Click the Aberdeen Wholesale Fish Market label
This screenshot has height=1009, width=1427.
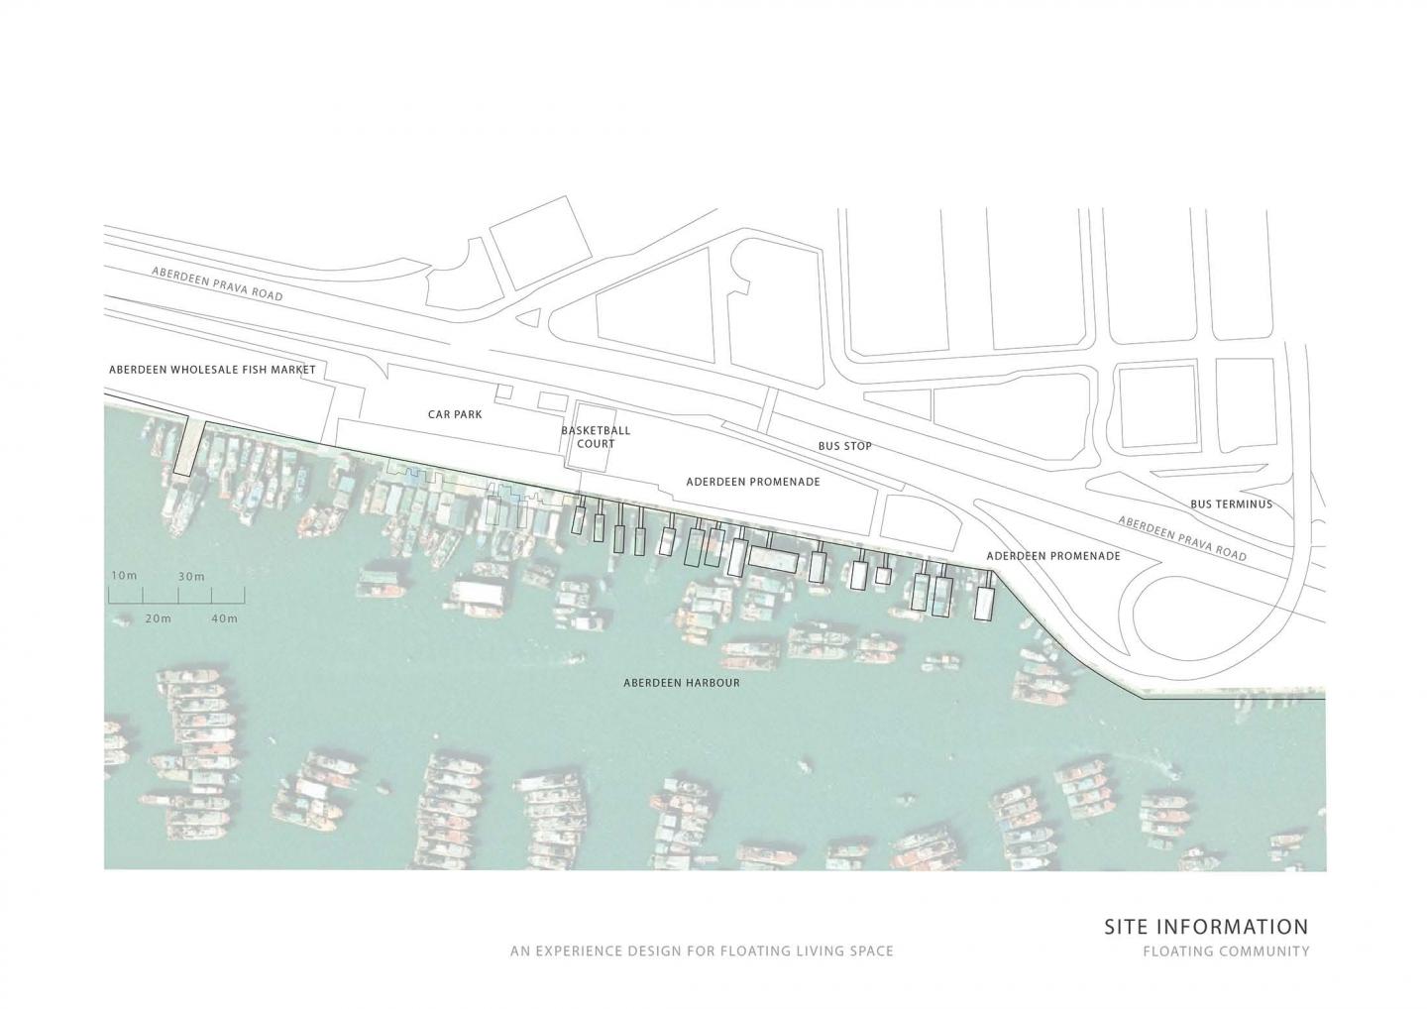coord(212,370)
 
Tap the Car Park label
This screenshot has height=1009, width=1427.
coord(455,414)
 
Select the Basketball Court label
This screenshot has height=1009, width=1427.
coord(596,437)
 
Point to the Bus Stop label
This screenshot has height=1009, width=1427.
coord(844,446)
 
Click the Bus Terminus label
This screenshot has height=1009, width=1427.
coord(1231,504)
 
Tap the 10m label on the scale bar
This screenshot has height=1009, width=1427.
coord(123,576)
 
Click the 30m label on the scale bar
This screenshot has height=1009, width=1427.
coord(191,577)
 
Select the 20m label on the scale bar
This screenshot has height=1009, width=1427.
coord(158,619)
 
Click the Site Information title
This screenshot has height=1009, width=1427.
coord(1206,927)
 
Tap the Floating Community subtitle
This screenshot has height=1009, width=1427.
coord(1226,952)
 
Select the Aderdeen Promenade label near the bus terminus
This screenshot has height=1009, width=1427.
coord(1053,556)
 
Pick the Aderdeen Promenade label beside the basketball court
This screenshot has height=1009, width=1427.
coord(753,481)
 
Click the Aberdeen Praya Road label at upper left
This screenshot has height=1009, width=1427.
coord(217,284)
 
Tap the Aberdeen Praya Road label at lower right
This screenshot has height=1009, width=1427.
coord(1182,538)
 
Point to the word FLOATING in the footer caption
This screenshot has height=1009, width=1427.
coord(759,952)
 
